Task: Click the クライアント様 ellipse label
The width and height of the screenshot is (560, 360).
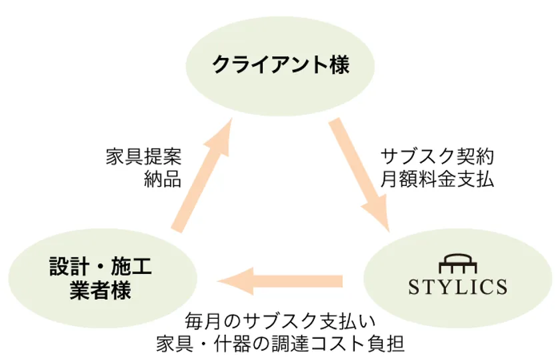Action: (x=281, y=65)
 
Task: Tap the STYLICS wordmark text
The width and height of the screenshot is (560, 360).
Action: (x=457, y=287)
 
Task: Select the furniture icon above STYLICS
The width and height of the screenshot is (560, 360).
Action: (x=458, y=263)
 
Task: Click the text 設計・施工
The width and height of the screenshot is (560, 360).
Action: (x=101, y=267)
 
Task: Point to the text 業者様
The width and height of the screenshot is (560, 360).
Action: (x=101, y=289)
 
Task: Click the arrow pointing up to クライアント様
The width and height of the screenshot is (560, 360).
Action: (x=202, y=175)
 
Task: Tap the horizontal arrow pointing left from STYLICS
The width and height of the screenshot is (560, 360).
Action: (x=279, y=281)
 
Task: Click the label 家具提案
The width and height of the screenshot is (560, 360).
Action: (x=143, y=157)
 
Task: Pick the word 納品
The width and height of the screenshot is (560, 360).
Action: (x=163, y=179)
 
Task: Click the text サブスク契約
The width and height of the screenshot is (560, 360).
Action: (x=437, y=157)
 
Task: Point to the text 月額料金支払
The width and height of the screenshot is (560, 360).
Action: (x=437, y=179)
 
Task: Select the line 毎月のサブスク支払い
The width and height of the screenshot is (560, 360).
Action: (x=281, y=321)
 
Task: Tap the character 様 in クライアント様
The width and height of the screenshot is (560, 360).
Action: (x=339, y=65)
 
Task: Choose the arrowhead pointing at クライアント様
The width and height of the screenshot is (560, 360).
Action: (x=219, y=137)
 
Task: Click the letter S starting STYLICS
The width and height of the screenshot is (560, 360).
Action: (x=414, y=287)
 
